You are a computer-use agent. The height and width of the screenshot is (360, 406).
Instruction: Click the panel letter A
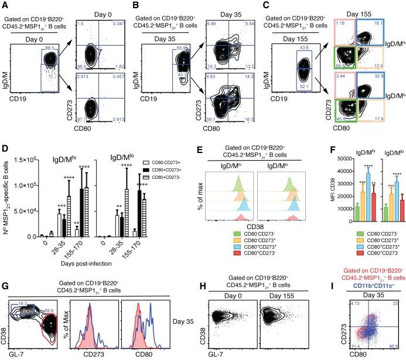click(x=5, y=5)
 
